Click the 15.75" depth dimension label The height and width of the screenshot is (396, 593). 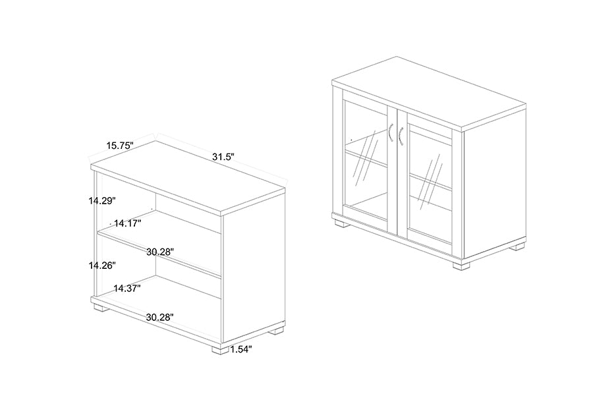point(120,145)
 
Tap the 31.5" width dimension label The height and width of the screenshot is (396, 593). point(223,157)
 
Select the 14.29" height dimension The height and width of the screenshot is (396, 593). point(102,201)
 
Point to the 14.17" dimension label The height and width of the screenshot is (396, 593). point(128,223)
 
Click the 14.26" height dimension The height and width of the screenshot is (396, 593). point(102,266)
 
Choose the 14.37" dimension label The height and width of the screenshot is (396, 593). point(127,289)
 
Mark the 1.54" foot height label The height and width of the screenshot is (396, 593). point(241,349)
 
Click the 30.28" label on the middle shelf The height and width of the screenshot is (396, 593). point(160,252)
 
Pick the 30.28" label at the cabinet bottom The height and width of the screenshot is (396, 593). point(160,318)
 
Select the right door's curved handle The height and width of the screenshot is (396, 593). point(401,136)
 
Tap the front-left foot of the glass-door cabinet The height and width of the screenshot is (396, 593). point(343,223)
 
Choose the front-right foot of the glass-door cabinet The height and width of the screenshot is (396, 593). point(461,264)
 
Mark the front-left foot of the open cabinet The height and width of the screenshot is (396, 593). point(99,308)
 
